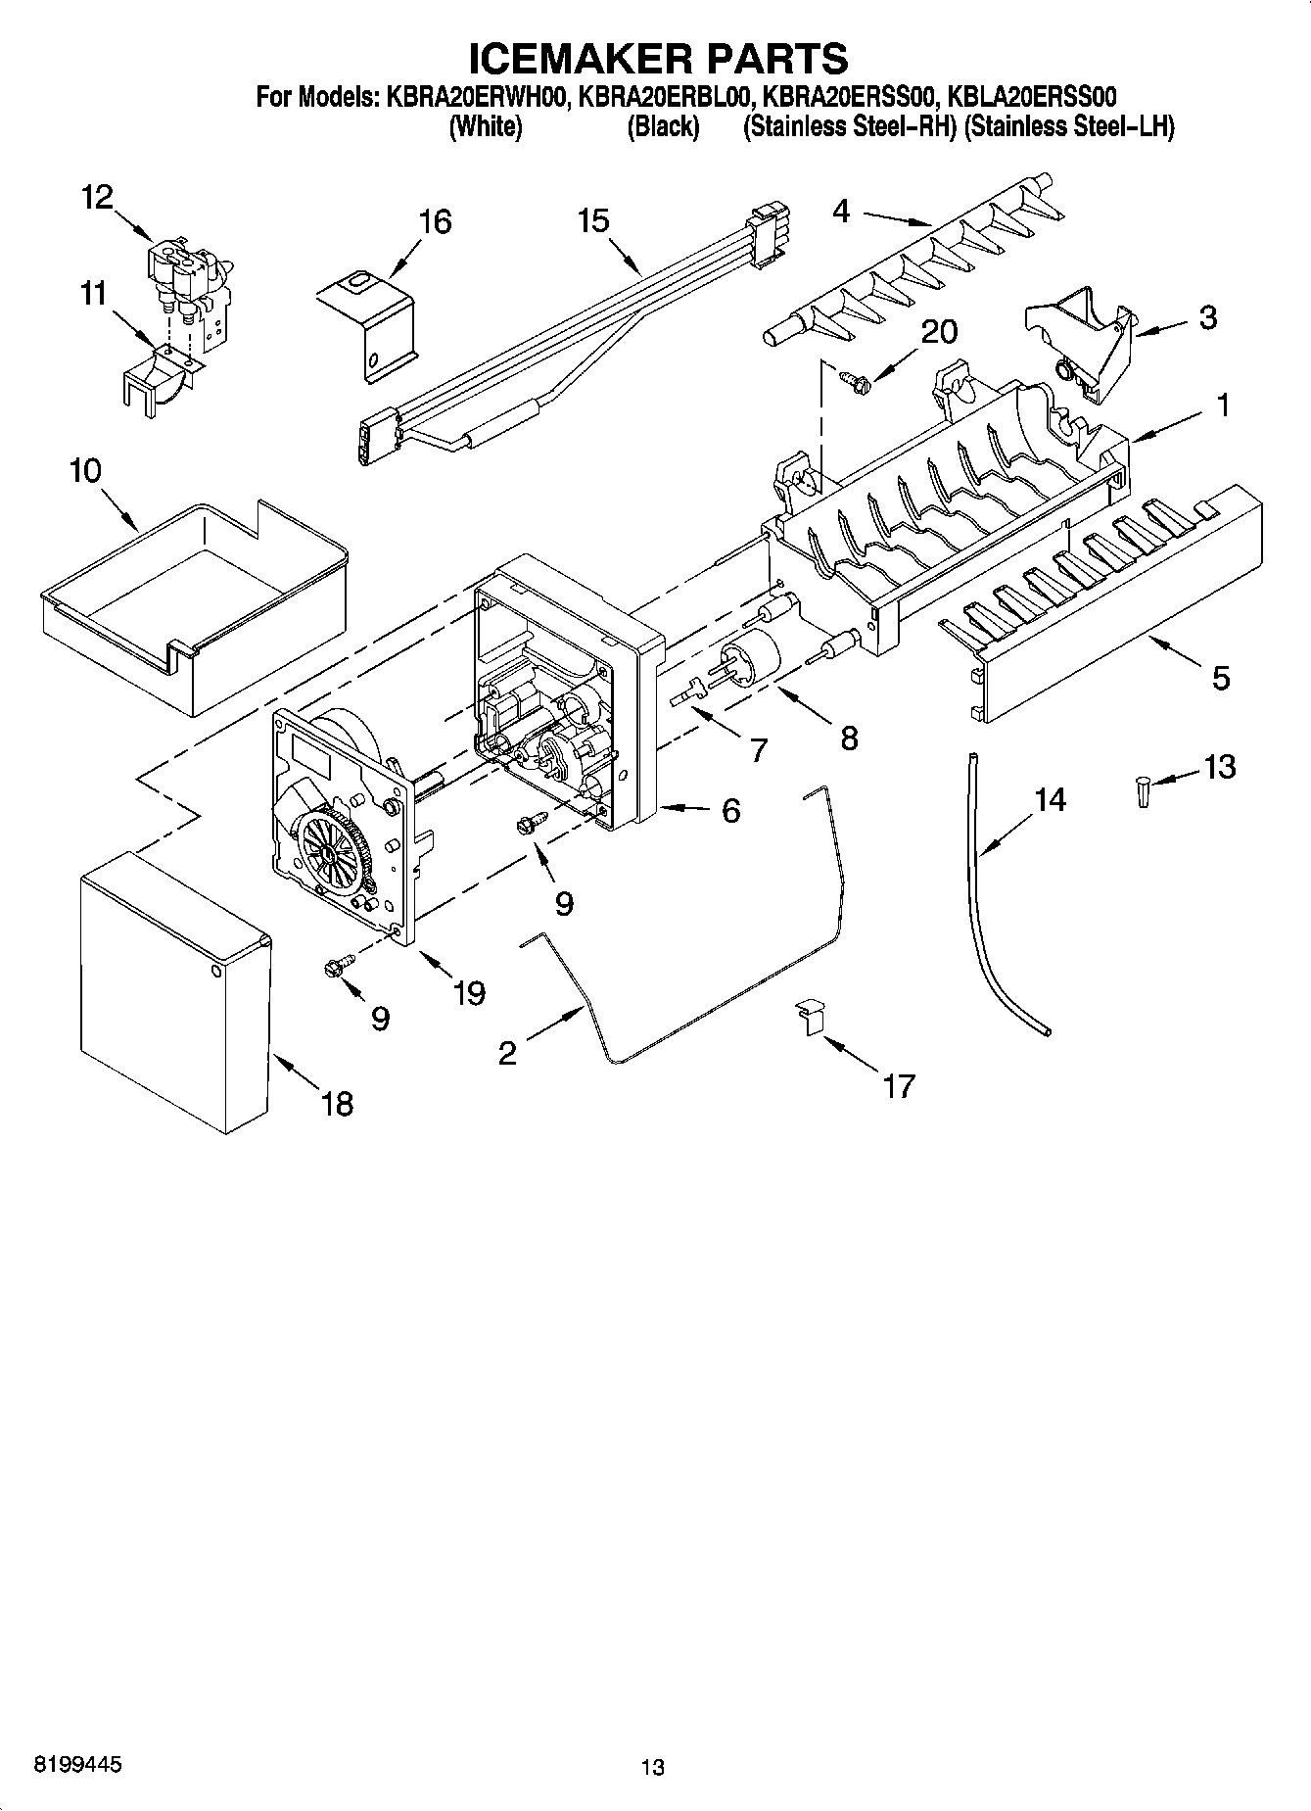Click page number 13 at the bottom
[x=653, y=1767]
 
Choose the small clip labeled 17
[x=810, y=1015]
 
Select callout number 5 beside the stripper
[x=1220, y=677]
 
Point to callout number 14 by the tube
[x=1050, y=800]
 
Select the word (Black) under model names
[x=663, y=127]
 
